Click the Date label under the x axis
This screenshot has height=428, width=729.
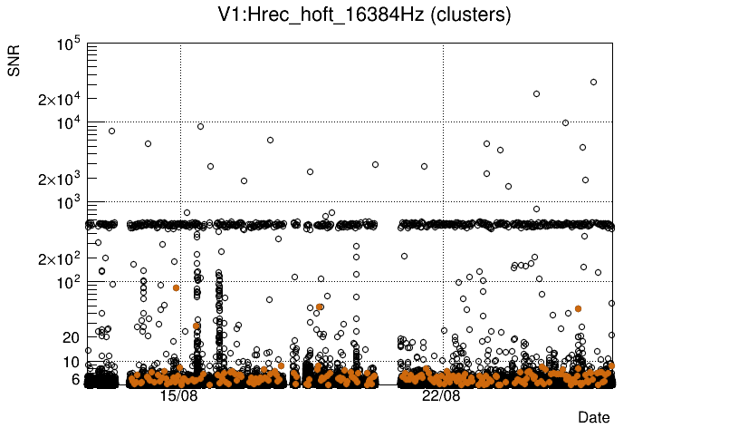[x=594, y=417]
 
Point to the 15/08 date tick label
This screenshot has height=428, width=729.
[x=178, y=396]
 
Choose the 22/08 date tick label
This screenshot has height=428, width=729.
[x=441, y=396]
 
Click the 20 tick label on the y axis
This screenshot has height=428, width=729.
[x=72, y=337]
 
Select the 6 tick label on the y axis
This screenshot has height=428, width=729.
[x=76, y=379]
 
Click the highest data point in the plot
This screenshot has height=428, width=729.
[x=593, y=82]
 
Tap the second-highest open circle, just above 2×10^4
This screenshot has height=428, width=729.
[x=536, y=93]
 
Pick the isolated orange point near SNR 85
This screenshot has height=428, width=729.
[x=176, y=287]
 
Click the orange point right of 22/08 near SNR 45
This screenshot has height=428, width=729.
[x=578, y=309]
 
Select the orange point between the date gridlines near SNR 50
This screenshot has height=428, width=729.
[x=320, y=306]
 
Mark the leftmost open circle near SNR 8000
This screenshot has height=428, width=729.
[x=111, y=131]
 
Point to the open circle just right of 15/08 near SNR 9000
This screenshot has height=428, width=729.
[x=200, y=126]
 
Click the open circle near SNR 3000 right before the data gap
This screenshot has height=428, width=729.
[x=375, y=164]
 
